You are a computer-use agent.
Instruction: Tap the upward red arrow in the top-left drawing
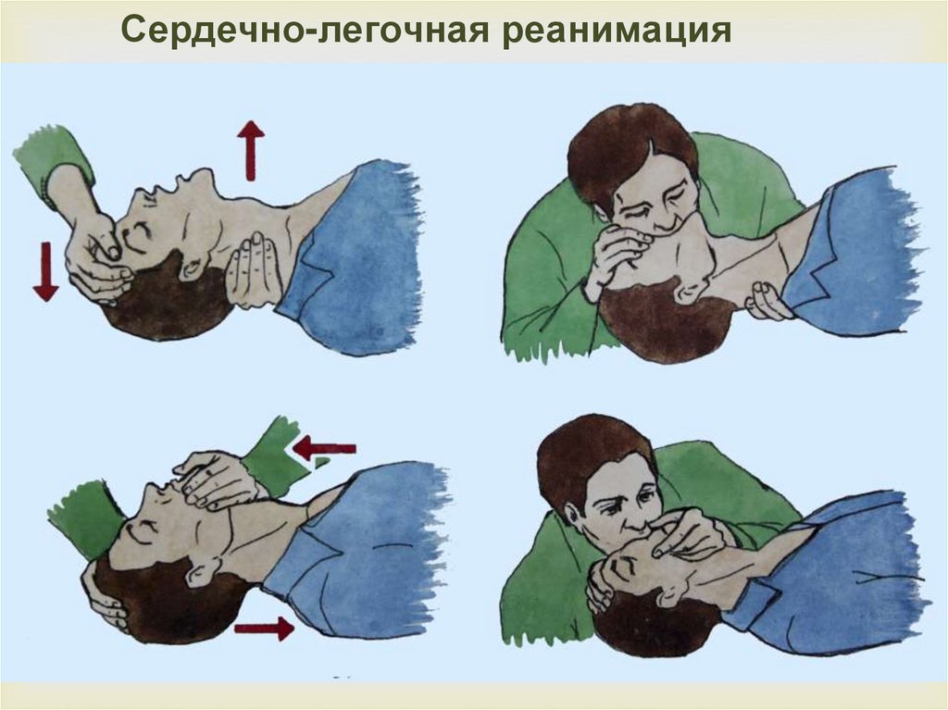[250, 149]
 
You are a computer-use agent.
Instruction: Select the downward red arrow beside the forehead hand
[45, 272]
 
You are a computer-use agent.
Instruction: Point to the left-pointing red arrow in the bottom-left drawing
[324, 449]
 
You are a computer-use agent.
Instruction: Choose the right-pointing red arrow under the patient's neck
[263, 629]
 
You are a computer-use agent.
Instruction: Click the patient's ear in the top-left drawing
[193, 268]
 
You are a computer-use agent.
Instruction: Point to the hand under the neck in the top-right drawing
[767, 301]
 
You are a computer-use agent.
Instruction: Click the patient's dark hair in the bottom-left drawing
[157, 602]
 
